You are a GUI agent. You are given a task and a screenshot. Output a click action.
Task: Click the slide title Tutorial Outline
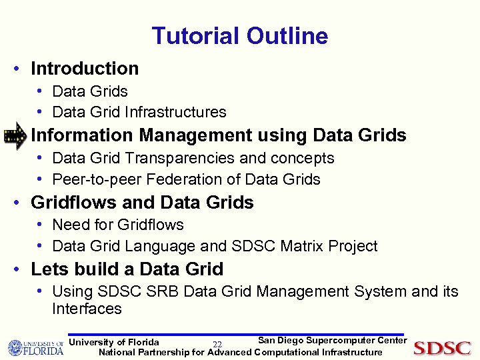click(x=239, y=36)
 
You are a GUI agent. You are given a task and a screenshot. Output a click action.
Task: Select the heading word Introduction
click(x=85, y=69)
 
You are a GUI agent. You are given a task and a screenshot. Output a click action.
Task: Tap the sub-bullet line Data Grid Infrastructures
click(x=139, y=113)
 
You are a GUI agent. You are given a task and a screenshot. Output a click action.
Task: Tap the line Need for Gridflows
click(x=117, y=225)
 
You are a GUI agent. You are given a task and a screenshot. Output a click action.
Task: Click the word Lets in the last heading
click(x=48, y=269)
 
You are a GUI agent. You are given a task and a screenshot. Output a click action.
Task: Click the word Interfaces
click(x=87, y=309)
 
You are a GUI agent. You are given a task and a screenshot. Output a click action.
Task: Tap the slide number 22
click(x=217, y=345)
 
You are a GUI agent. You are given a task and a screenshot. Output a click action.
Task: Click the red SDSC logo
click(x=442, y=348)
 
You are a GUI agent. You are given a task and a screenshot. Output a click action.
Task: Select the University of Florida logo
click(x=35, y=348)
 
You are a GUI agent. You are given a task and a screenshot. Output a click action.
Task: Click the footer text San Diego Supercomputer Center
click(x=332, y=341)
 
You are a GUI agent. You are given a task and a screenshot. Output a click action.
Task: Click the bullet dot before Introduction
click(x=21, y=69)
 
